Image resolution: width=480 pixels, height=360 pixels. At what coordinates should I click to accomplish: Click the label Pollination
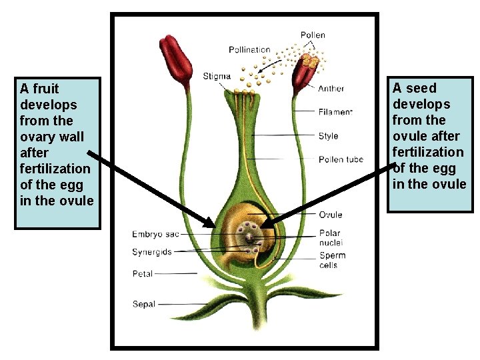[249, 49]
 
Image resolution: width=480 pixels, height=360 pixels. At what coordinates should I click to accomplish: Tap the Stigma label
[217, 75]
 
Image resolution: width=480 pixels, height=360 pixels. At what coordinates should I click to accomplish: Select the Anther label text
[331, 89]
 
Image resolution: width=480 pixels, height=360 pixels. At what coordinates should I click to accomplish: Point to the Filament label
[335, 112]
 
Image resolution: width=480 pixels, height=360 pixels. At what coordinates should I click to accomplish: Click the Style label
[328, 136]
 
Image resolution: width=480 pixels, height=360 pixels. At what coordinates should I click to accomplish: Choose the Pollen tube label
[341, 159]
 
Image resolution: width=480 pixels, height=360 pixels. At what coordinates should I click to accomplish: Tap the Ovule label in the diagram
[330, 215]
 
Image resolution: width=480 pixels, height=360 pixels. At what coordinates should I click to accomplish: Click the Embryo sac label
[155, 234]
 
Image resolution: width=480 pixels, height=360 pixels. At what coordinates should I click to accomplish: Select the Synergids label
[152, 252]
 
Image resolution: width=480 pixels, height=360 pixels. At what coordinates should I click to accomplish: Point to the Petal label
[143, 273]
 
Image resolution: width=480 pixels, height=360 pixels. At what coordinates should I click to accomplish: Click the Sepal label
[144, 304]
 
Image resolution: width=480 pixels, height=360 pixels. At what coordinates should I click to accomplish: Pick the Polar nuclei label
[331, 239]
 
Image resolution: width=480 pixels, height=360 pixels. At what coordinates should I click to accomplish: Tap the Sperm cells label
[332, 260]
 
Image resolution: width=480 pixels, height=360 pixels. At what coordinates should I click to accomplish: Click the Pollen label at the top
[313, 35]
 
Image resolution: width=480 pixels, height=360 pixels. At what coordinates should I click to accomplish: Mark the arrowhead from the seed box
[265, 225]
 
